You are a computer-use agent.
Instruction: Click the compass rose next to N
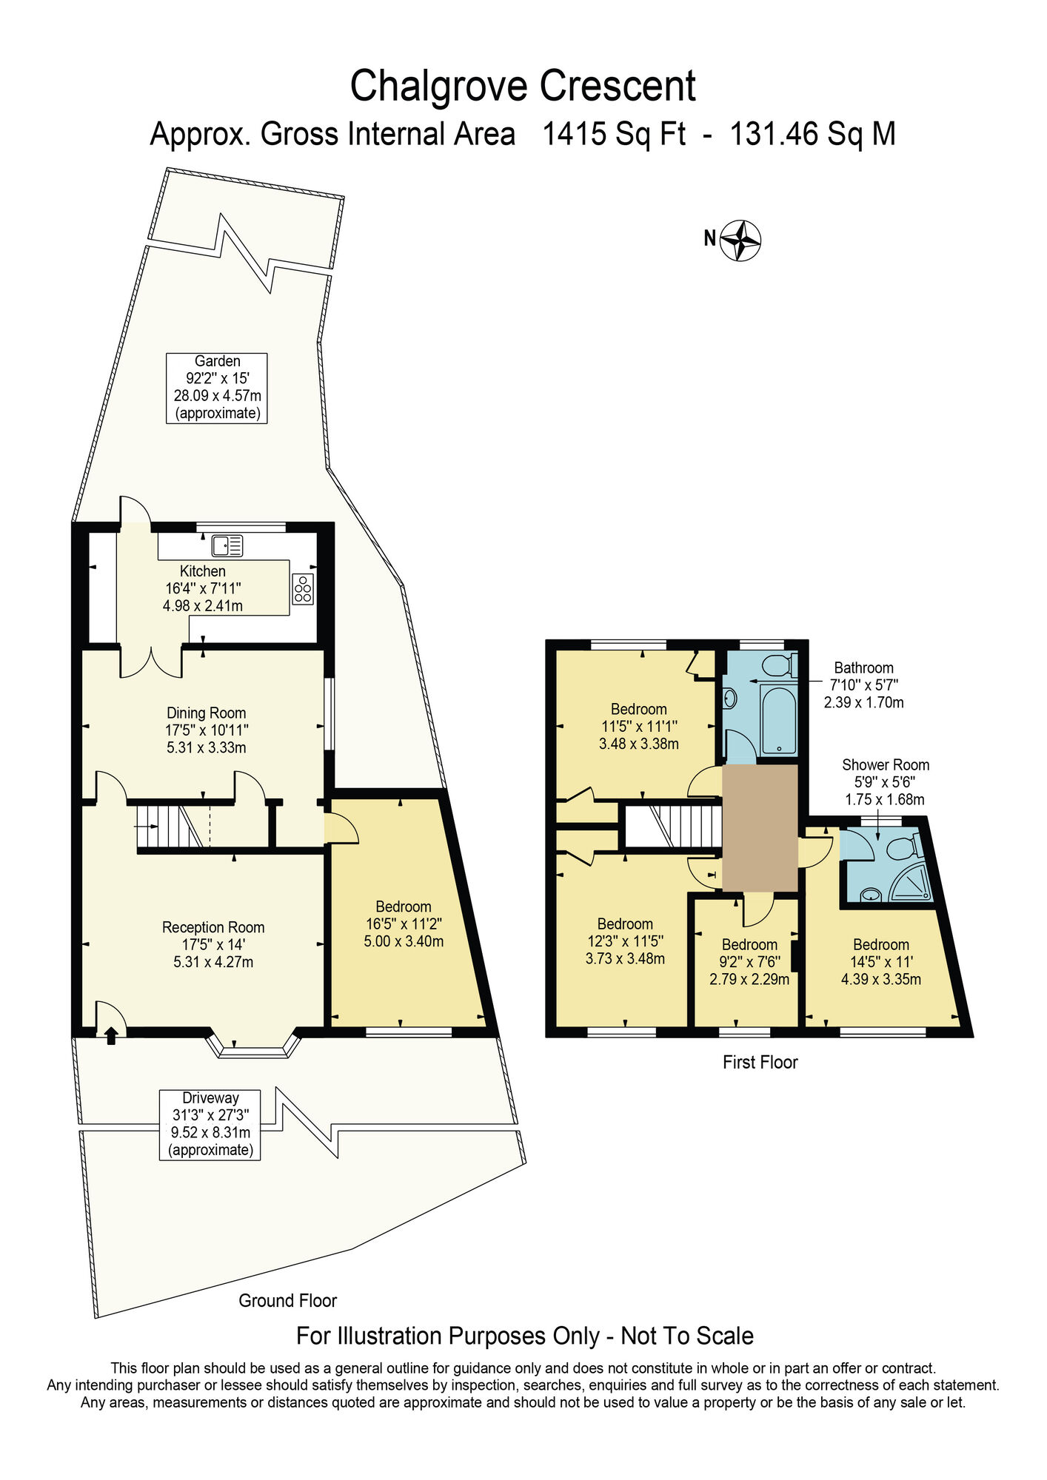741,240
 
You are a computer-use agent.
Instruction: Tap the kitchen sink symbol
227,546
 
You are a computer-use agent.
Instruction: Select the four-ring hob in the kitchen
303,589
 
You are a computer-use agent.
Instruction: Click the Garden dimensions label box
216,388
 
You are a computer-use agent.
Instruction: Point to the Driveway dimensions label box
210,1124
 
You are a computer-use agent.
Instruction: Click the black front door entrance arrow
111,1036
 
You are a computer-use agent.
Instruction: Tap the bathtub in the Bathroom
778,719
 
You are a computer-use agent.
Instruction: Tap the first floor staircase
672,826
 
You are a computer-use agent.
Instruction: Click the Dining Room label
206,713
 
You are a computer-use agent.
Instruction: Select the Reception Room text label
213,928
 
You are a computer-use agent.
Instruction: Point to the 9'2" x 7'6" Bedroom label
749,961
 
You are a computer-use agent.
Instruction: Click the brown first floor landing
760,827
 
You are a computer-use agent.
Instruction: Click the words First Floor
760,1063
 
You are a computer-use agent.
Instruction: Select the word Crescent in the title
617,86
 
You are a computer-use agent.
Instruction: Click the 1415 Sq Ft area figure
614,135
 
